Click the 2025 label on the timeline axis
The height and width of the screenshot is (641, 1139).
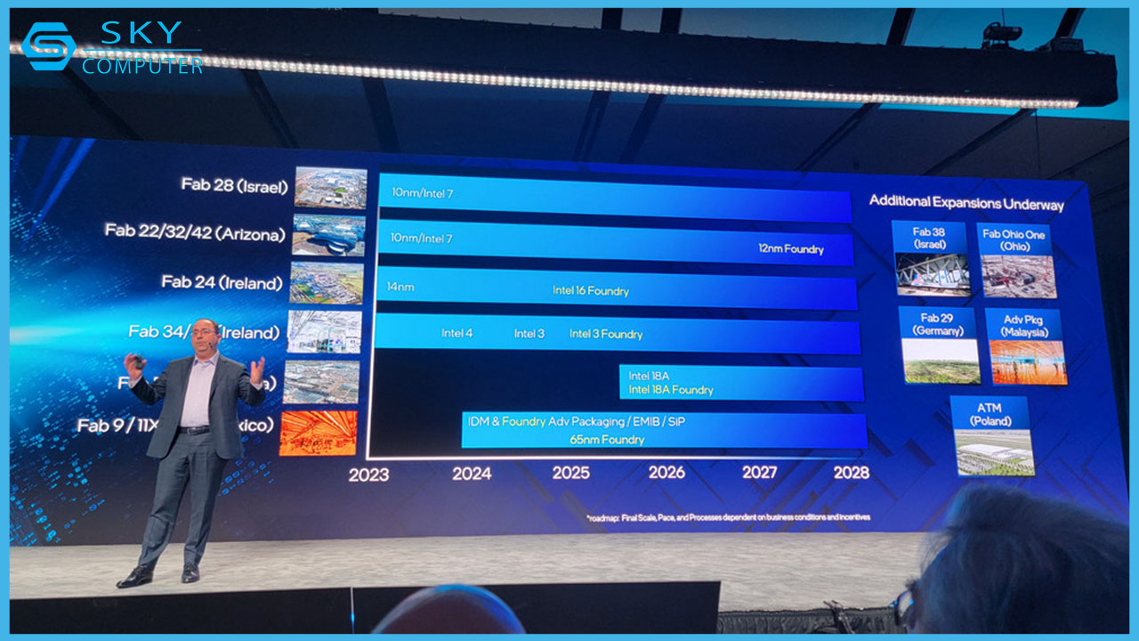(570, 472)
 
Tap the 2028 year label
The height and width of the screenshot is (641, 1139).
(851, 472)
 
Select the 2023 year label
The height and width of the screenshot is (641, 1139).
(368, 475)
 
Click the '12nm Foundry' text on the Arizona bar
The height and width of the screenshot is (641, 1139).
(791, 249)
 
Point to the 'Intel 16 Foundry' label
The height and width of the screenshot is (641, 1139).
(590, 291)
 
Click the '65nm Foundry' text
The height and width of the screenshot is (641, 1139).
(607, 440)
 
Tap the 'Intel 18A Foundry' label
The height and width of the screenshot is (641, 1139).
(670, 390)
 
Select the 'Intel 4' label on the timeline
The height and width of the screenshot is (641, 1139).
(456, 333)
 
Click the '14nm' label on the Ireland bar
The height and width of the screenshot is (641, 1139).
(400, 288)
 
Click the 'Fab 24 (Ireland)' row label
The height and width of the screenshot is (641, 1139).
(222, 282)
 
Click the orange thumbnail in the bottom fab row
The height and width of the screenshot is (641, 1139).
(318, 433)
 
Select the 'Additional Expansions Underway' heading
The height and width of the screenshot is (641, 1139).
(965, 203)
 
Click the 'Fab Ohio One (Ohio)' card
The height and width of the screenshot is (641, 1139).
(1017, 260)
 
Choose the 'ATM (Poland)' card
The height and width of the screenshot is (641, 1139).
(990, 436)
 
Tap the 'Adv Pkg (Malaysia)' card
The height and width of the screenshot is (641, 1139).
(1025, 346)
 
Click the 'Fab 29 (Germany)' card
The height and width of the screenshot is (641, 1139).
(941, 345)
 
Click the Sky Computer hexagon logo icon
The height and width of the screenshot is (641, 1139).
(47, 47)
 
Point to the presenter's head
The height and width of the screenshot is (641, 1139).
(204, 336)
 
